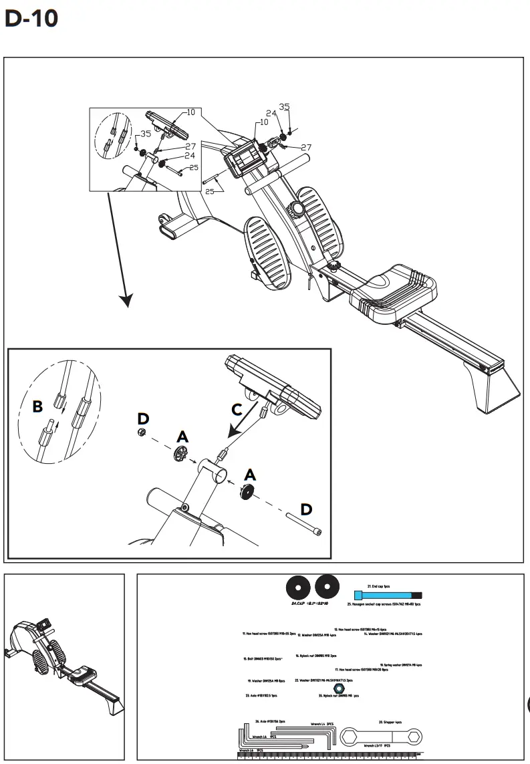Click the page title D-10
(31, 19)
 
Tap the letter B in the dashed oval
(37, 406)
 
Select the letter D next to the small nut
(143, 418)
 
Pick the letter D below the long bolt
(305, 509)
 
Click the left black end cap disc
(297, 588)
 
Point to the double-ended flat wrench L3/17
(380, 737)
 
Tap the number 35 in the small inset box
(146, 134)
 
